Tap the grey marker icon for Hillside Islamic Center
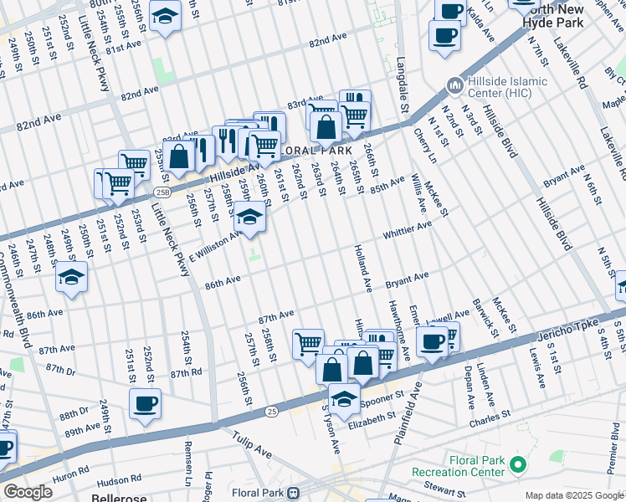click(454, 85)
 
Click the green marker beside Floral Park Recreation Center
click(518, 464)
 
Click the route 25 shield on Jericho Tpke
click(271, 412)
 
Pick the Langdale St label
click(402, 84)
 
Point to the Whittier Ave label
click(408, 229)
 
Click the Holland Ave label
click(362, 268)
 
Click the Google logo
click(28, 492)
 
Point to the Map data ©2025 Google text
click(574, 495)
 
